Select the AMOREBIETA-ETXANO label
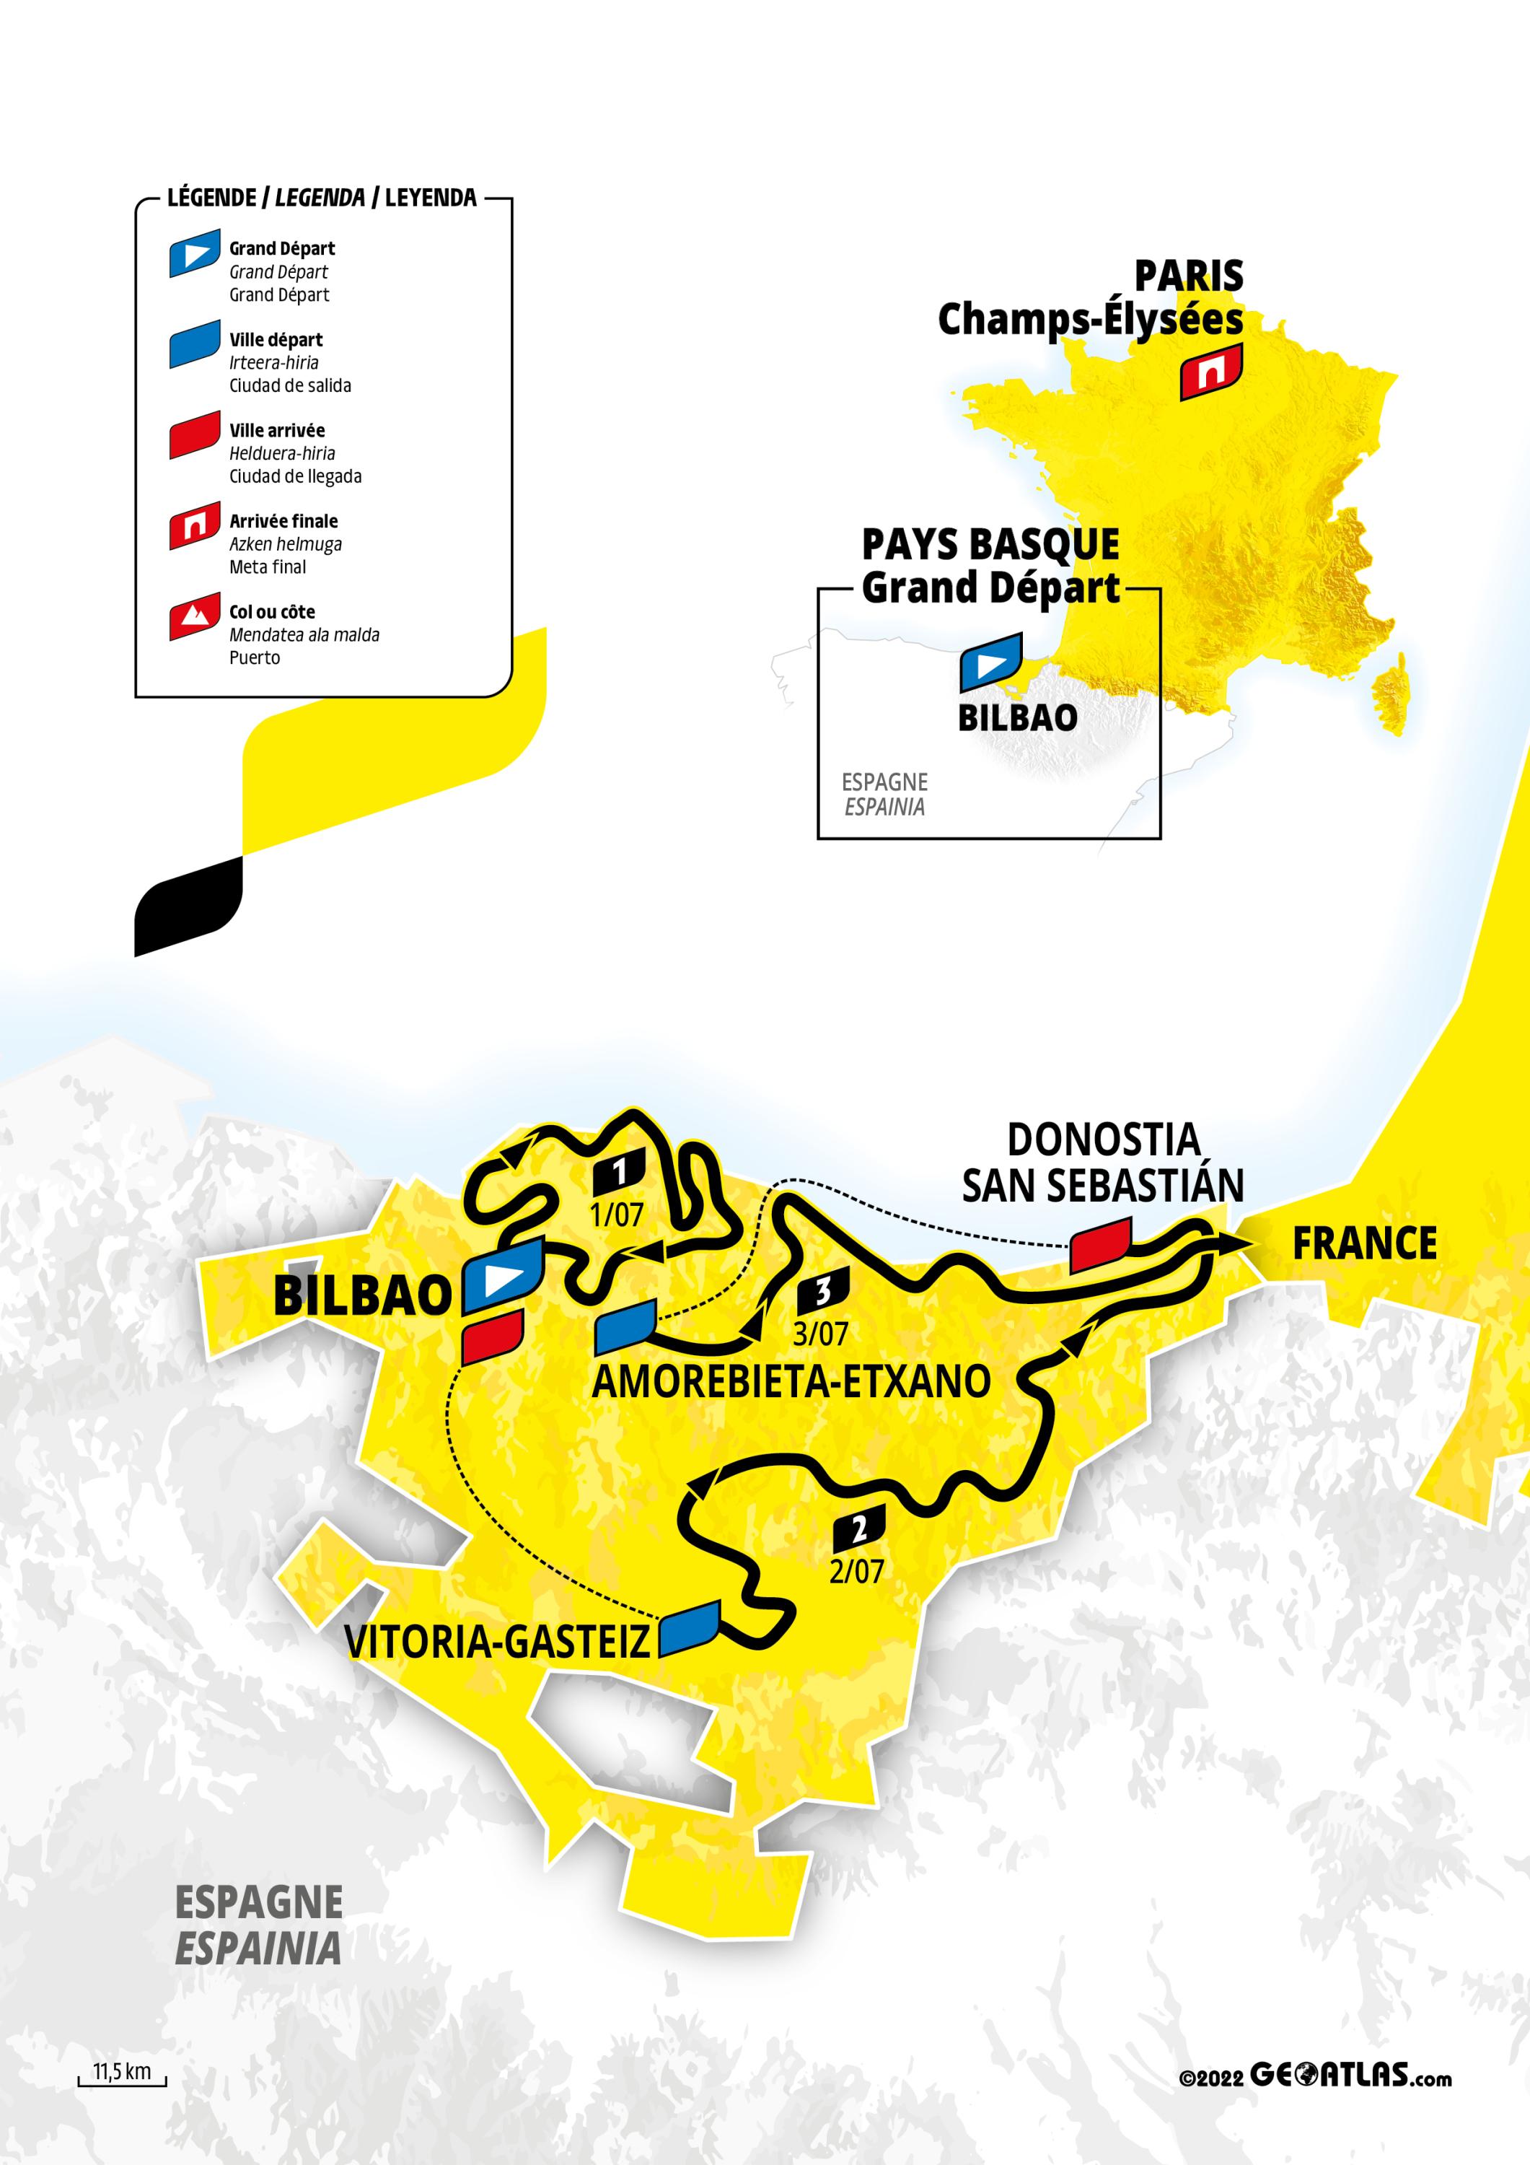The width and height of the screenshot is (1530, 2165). (791, 1381)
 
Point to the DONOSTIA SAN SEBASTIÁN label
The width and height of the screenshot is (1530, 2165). (1102, 1163)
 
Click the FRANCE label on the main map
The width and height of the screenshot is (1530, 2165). (1364, 1243)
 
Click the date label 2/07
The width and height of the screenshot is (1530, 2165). (856, 1571)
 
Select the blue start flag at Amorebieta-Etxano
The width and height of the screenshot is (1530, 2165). (625, 1326)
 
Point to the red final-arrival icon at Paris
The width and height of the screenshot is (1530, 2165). (1211, 372)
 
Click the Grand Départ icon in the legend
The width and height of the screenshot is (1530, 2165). (195, 253)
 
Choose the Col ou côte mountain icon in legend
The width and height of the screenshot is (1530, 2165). (195, 617)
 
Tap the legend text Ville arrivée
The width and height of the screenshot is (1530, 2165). (277, 431)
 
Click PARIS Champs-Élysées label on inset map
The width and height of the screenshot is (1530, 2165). (1091, 298)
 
